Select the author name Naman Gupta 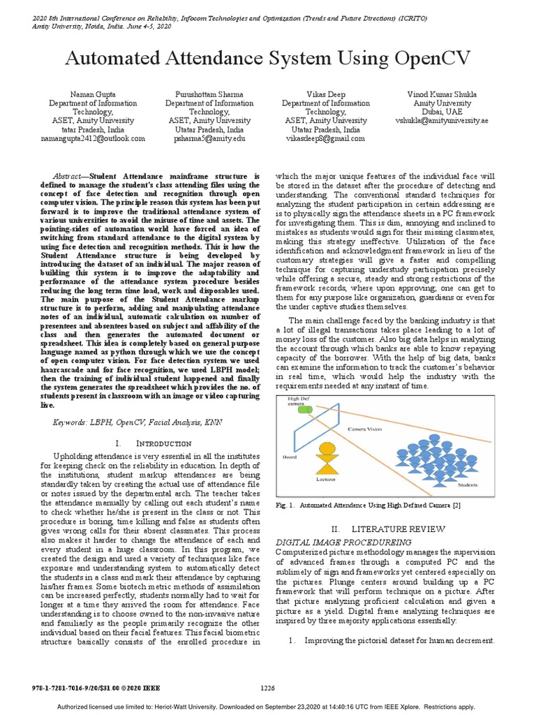pos(92,94)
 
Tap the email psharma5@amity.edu pos(209,138)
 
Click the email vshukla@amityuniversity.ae pos(442,120)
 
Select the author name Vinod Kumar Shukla pos(442,94)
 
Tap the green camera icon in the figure pos(305,409)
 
